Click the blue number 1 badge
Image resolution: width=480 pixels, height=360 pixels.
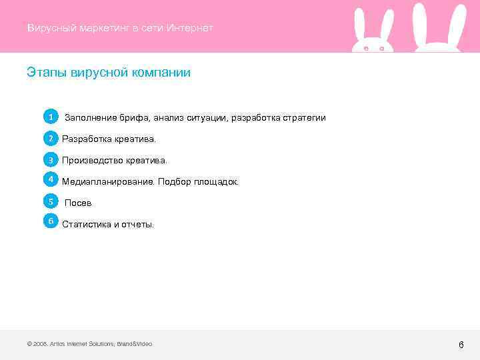click(50, 117)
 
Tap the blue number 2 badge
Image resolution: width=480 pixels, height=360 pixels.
click(50, 139)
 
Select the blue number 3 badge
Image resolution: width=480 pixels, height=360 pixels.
click(50, 160)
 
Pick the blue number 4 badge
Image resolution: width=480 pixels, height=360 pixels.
click(50, 179)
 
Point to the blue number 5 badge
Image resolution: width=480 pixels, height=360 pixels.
click(50, 201)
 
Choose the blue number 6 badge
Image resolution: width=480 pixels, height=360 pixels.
click(50, 221)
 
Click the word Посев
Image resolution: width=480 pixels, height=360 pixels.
click(78, 203)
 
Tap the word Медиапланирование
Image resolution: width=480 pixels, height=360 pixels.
click(108, 182)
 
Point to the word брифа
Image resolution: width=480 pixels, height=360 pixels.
click(135, 118)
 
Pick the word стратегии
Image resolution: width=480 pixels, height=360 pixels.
click(305, 118)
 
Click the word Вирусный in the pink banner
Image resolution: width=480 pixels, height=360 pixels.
click(51, 28)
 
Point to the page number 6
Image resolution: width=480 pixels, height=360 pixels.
click(461, 345)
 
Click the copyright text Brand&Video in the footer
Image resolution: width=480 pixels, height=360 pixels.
click(135, 344)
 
